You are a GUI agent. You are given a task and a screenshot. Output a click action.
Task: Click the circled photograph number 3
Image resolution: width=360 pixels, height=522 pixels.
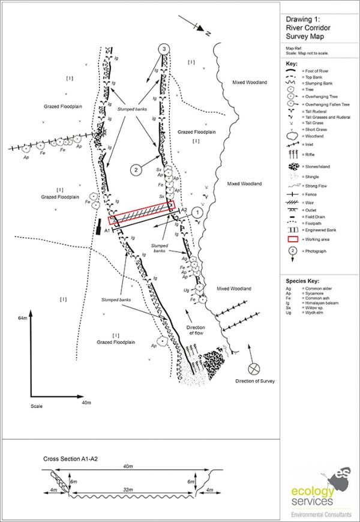pos(162,48)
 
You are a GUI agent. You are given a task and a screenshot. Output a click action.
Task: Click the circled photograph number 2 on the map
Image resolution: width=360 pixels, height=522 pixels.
pos(137,170)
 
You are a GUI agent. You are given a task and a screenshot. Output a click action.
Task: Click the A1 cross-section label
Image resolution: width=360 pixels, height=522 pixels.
pos(107,230)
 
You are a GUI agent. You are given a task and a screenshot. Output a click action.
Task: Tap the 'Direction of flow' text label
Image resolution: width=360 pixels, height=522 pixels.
pos(196,329)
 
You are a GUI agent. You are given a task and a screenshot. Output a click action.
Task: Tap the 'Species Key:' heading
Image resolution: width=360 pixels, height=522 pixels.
pos(303,281)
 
